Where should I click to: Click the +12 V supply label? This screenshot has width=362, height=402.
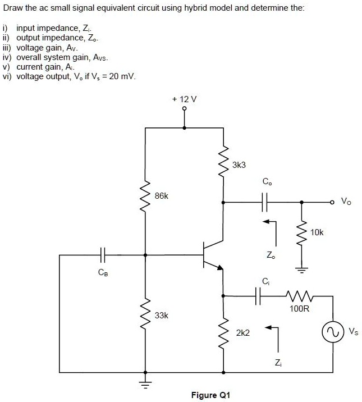click(185, 99)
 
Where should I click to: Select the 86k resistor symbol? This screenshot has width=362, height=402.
click(145, 197)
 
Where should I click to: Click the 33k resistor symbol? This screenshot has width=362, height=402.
click(145, 314)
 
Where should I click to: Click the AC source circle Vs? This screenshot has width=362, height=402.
click(332, 332)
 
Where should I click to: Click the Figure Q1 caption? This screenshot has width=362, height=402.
click(210, 395)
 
